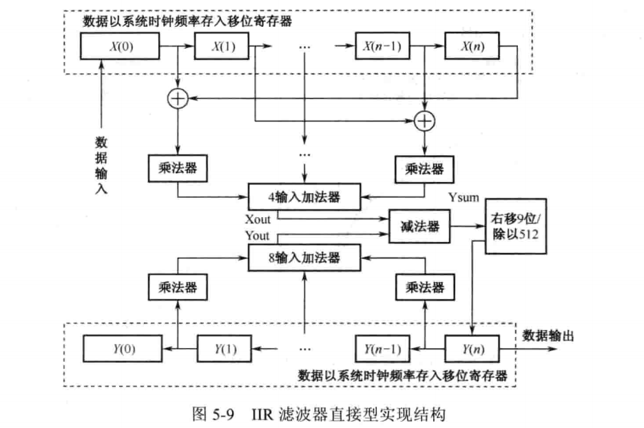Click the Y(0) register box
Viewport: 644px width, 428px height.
(122, 349)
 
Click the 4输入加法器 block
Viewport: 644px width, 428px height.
(304, 198)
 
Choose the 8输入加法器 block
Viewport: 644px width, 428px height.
(304, 258)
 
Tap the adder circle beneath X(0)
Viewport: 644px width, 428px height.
(178, 99)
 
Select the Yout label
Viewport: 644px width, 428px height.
(258, 236)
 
